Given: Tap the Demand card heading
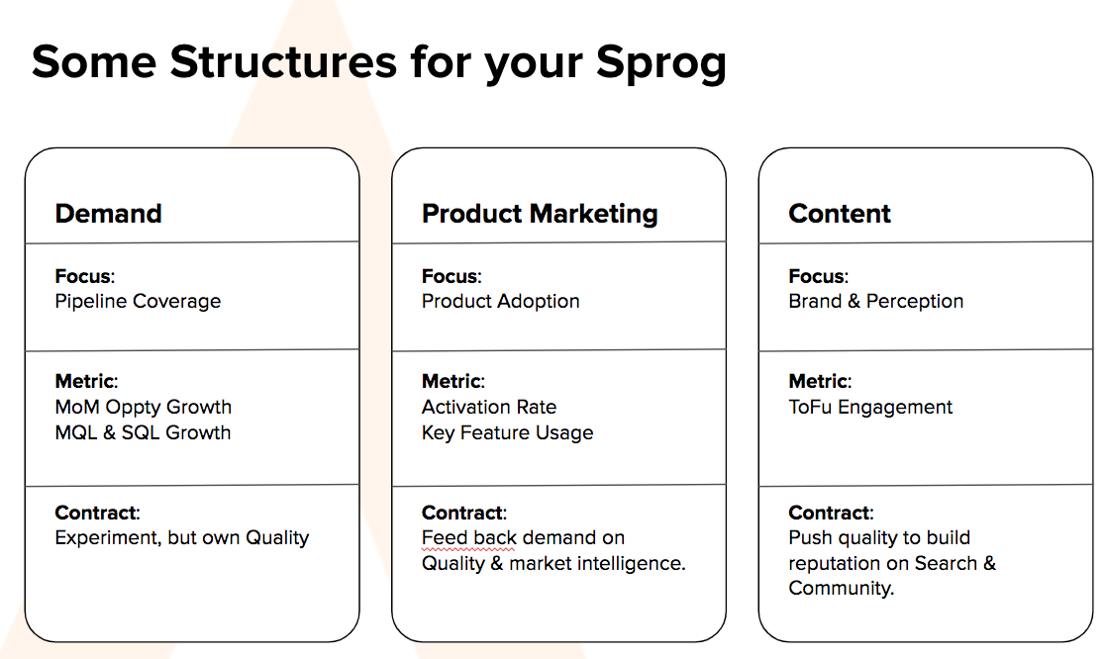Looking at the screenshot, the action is pos(109,214).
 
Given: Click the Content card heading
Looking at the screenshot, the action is pos(840,214).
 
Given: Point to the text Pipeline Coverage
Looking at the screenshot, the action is pos(138,302).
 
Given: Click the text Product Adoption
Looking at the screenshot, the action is pos(500,302).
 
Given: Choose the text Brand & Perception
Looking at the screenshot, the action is pos(875,302).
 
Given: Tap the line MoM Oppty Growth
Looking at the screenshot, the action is pos(144,408).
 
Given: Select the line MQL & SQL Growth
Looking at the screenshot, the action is pos(143,432).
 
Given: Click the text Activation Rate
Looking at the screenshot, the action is pos(489,408).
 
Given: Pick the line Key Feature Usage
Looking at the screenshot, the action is pos(507,432).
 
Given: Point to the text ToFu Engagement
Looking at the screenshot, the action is pos(870,408).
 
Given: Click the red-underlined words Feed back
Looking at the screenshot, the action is pos(469,537).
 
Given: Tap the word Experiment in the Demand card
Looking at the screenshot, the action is pos(108,538).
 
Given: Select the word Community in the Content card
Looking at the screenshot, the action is pos(840,589).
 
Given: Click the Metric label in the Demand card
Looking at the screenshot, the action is pos(86,381).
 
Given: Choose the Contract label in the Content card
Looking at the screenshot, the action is pos(831,513).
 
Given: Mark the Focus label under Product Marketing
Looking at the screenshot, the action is pos(452,276).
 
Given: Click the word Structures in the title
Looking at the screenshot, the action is pos(283,62).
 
